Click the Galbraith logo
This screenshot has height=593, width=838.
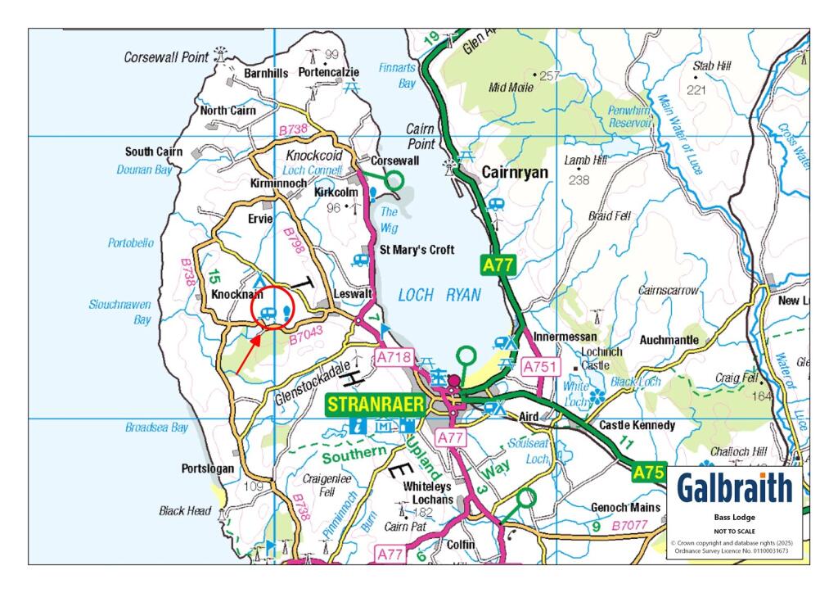[734, 488]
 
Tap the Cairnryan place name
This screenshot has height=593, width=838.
[514, 173]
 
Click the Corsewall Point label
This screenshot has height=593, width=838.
[167, 57]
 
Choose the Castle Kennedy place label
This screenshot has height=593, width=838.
[637, 426]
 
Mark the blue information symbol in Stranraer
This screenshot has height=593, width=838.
[357, 425]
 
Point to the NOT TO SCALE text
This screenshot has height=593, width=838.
[734, 531]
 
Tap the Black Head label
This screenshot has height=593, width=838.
[185, 510]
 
